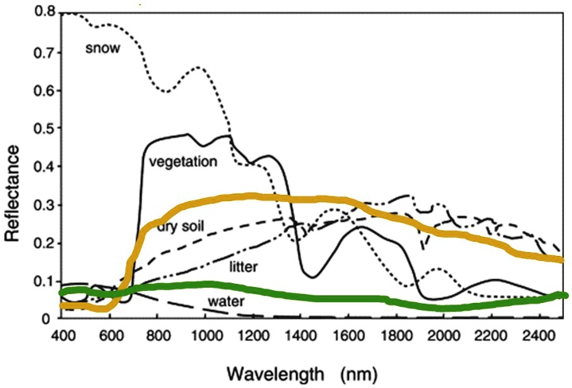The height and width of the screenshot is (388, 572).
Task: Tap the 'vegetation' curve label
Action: pos(183,161)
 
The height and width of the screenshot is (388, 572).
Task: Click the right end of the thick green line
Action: pos(564,295)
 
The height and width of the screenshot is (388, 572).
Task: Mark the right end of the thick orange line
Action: pos(562,259)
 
